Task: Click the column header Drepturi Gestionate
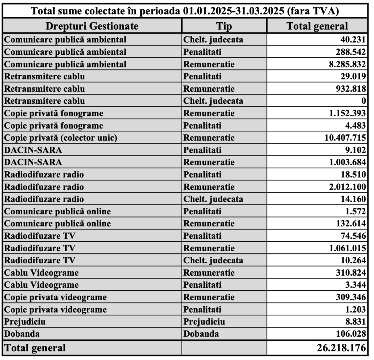[x=92, y=26]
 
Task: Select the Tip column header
[x=224, y=26]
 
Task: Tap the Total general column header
[x=317, y=26]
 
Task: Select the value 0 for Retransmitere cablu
[x=363, y=101]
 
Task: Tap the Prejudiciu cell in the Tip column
[x=204, y=322]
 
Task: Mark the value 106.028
[x=350, y=334]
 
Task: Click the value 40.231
[x=353, y=40]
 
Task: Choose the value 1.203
[x=355, y=310]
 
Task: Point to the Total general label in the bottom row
[x=35, y=348]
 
